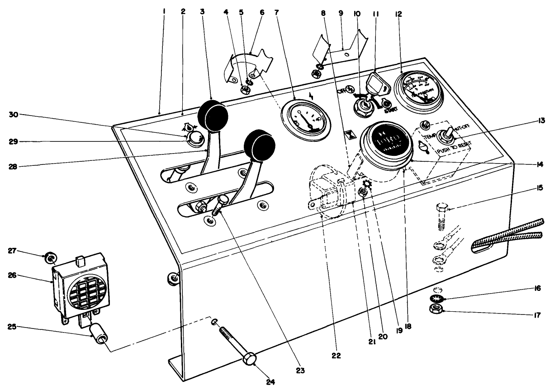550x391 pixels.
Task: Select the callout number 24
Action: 270,381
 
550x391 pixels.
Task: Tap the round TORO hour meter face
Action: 387,145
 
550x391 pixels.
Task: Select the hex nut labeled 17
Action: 436,310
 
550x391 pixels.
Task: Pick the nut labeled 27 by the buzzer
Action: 49,258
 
